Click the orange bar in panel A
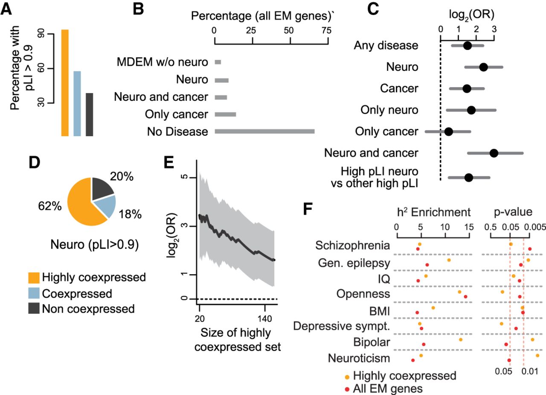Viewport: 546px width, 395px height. point(65,83)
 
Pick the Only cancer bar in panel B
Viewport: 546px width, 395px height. point(225,114)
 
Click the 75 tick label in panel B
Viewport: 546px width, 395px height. point(326,31)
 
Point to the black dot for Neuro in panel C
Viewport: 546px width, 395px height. point(483,67)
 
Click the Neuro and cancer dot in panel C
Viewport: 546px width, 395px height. point(494,153)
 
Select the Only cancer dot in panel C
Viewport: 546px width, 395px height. point(449,132)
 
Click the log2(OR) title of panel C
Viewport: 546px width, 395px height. point(468,15)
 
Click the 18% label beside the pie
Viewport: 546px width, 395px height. point(130,214)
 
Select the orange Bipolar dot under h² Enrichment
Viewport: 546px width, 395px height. point(460,339)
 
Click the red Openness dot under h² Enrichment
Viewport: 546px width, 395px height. point(465,296)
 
